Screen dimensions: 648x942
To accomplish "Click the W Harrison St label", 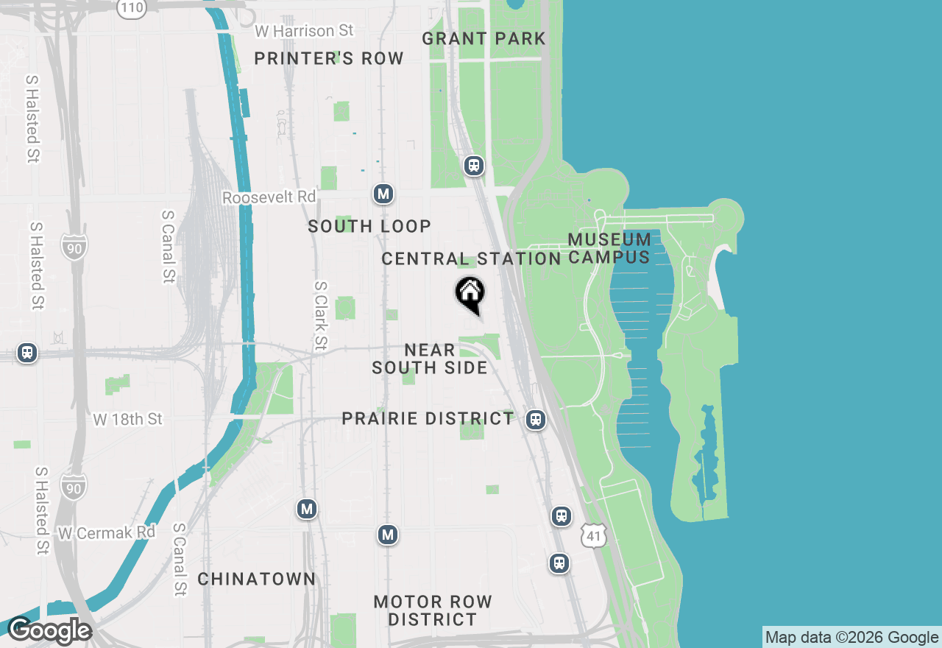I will [303, 31].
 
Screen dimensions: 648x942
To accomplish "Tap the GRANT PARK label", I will [484, 38].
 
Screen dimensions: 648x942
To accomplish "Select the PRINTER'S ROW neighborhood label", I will [328, 58].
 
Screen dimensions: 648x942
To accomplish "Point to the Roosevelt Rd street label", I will [269, 197].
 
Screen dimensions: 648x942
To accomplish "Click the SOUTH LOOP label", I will [369, 226].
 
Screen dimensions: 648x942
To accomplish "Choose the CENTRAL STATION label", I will [471, 258].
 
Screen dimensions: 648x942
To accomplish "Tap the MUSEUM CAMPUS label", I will [609, 248].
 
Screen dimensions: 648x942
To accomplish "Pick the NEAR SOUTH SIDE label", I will [430, 359].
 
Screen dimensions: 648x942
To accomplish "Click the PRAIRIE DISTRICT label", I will [428, 418].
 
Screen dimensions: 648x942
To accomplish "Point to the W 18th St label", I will [127, 419].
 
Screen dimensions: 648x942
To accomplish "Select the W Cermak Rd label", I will [107, 532].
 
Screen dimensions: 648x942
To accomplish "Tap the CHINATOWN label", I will [256, 579].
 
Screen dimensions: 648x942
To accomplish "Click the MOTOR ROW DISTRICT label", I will [433, 610].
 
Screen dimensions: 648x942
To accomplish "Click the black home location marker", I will [470, 293].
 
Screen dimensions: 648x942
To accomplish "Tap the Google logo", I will [49, 631].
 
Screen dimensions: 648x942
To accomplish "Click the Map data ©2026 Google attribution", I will [851, 638].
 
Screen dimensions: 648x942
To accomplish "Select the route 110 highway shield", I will [132, 7].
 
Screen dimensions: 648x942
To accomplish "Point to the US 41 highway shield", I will [594, 535].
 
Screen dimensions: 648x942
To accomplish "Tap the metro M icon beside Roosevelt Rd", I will [383, 194].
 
